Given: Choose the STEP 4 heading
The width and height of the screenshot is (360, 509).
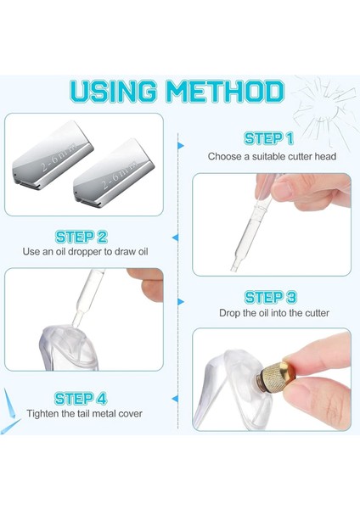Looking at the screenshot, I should coord(82,397).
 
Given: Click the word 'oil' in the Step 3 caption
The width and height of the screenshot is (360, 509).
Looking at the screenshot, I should coord(262,313).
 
